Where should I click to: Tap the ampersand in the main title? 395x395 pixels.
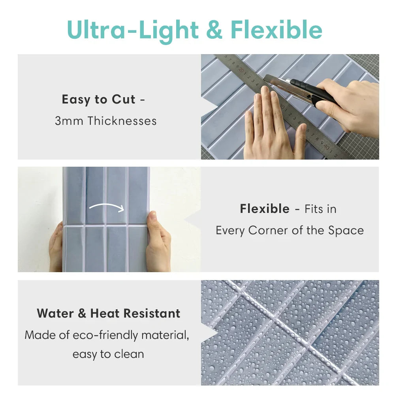214,30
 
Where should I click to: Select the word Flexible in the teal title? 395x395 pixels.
276,29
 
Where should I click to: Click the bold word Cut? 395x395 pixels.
123,99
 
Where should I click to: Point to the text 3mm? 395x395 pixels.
69,121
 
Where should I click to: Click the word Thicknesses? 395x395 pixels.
122,120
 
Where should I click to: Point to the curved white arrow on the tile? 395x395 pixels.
107,207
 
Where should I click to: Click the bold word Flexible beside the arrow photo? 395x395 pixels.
265,209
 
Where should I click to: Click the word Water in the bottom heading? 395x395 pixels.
55,313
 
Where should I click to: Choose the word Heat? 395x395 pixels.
105,313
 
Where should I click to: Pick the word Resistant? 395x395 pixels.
152,313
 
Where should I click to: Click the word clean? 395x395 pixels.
129,354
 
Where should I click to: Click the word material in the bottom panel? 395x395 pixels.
165,335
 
